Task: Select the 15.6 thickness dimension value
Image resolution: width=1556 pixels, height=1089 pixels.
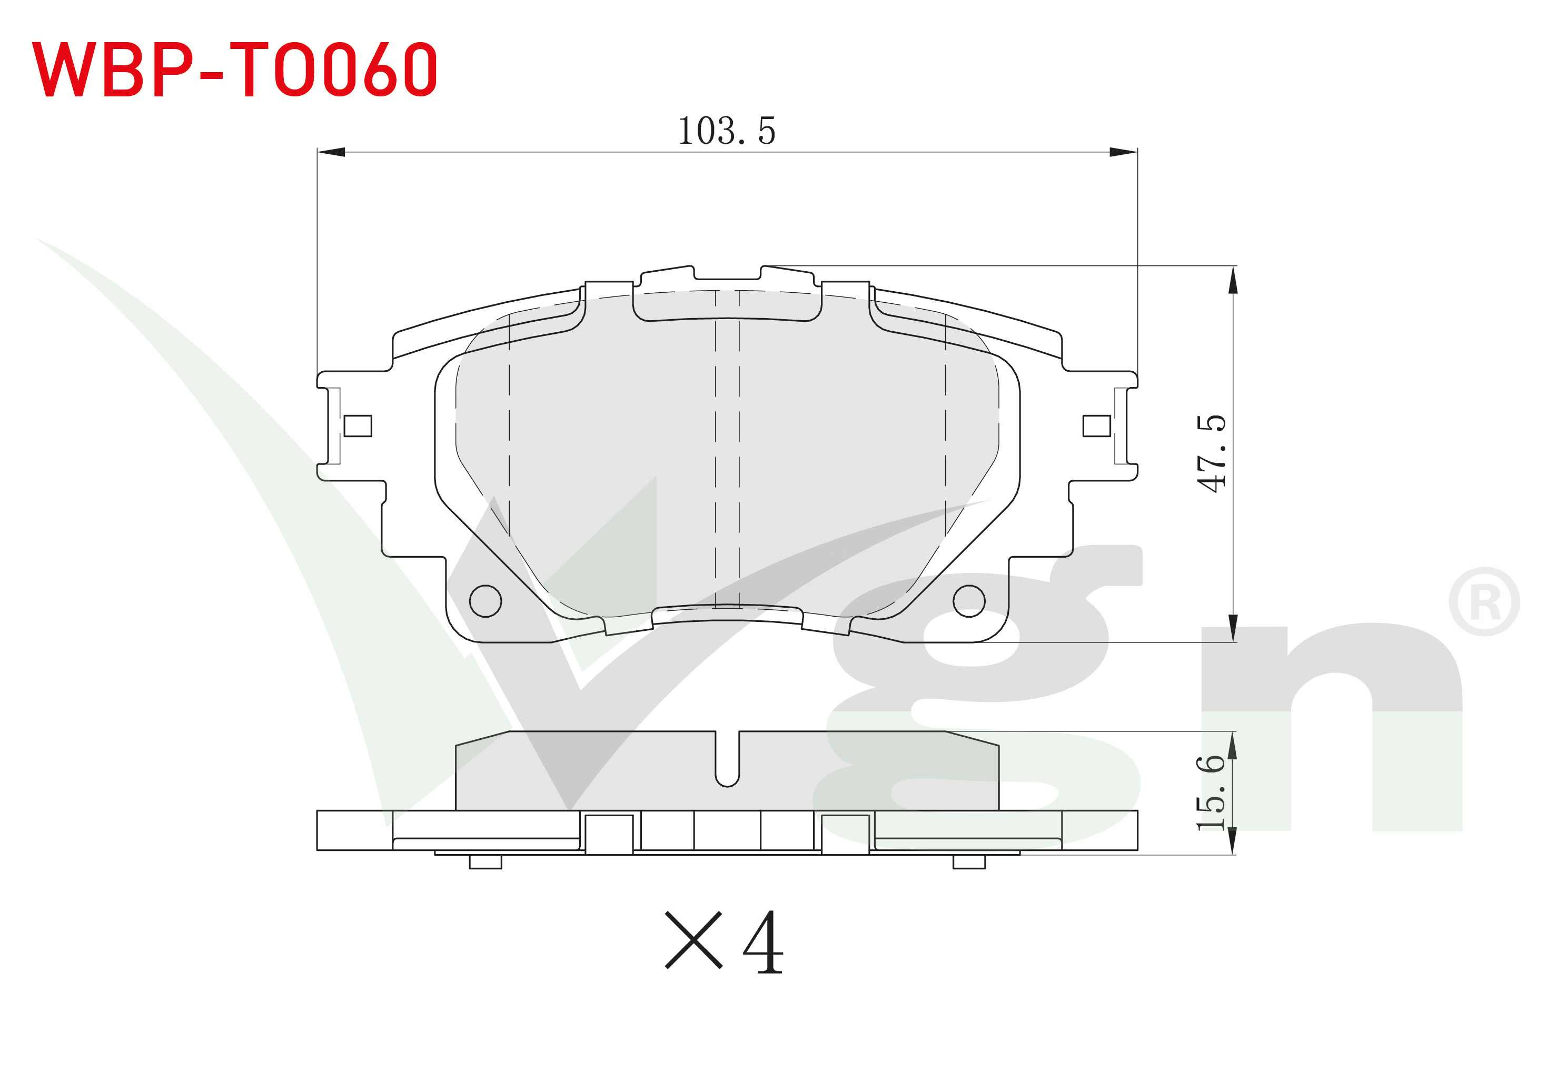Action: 1211,791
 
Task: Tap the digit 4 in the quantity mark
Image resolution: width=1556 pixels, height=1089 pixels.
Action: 764,942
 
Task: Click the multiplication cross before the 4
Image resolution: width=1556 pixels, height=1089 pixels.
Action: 693,940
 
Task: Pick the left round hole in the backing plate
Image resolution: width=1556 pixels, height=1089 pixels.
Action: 485,600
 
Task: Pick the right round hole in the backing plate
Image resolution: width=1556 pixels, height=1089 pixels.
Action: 969,600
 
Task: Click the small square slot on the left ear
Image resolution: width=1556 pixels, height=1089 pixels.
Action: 358,425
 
